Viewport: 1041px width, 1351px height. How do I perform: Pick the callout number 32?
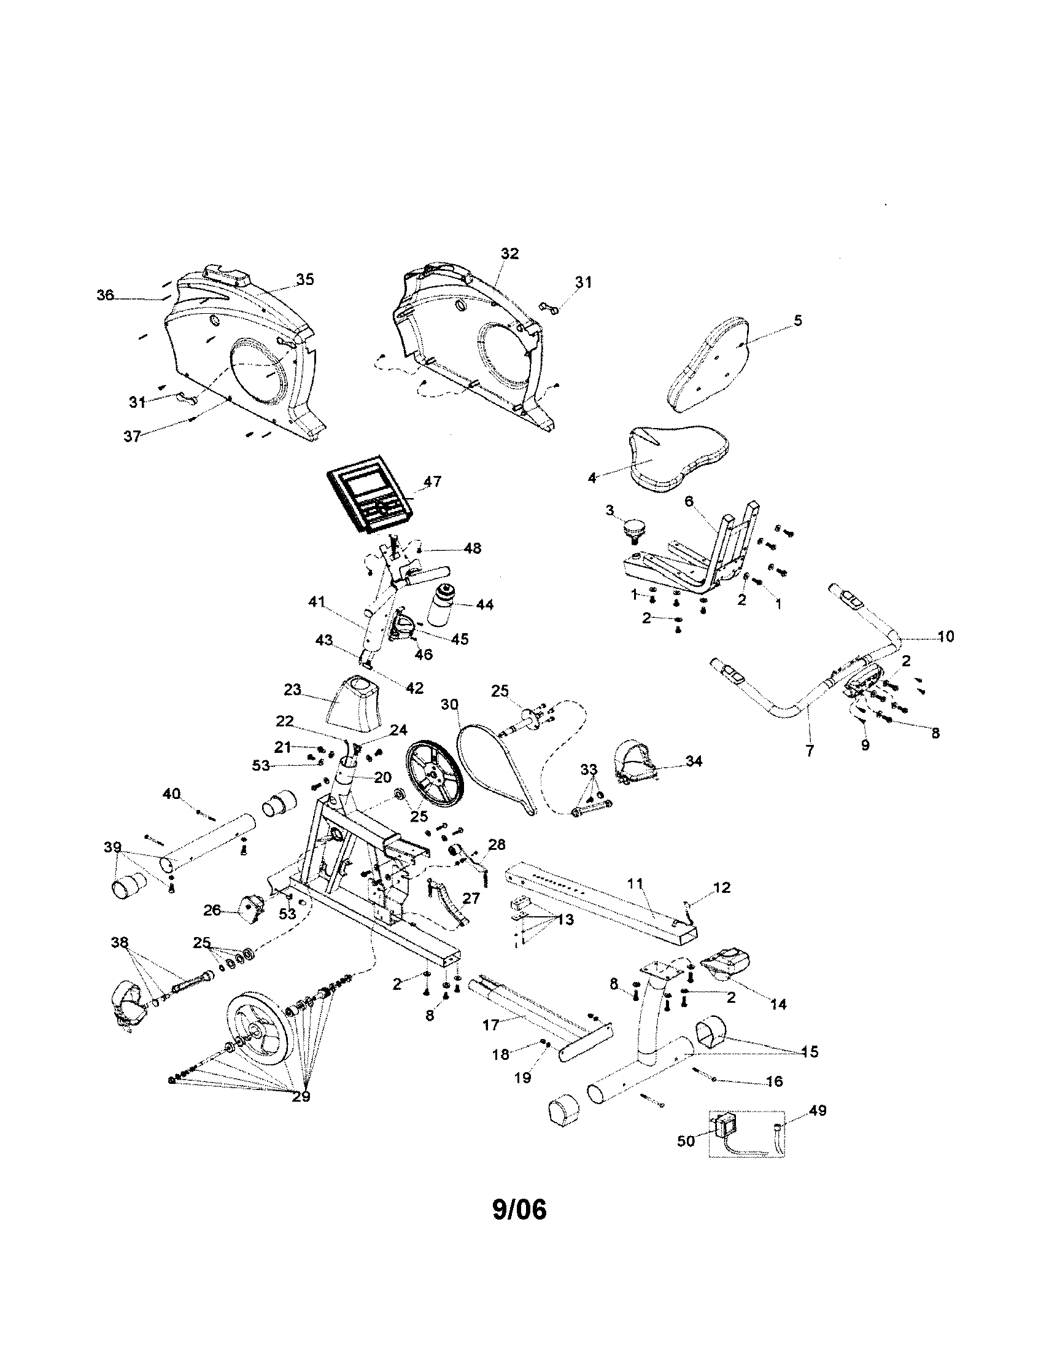pos(510,254)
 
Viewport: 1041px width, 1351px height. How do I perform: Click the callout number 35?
pos(305,279)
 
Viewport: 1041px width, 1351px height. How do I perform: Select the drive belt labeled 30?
pos(495,764)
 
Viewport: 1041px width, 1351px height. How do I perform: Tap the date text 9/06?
pos(519,1210)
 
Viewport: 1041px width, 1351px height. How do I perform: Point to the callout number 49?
pos(818,1110)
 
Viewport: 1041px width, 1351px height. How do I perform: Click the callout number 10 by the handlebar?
pos(946,636)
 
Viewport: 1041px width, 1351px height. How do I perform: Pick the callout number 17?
pos(490,1026)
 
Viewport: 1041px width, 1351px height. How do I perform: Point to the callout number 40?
pos(171,793)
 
